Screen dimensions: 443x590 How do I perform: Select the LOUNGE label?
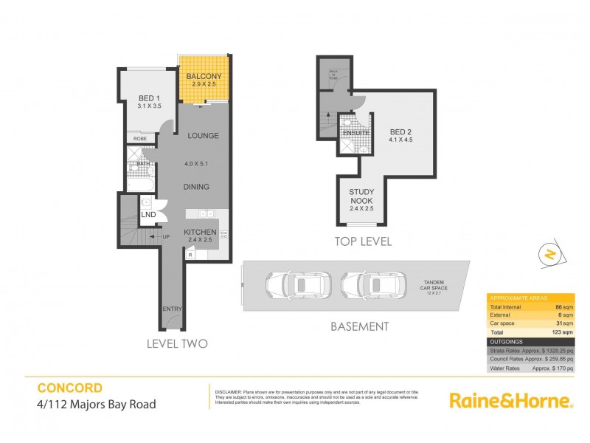point(201,135)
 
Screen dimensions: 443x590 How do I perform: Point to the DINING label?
point(197,187)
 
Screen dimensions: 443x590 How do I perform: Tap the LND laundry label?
point(147,215)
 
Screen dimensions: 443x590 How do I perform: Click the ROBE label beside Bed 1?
point(139,138)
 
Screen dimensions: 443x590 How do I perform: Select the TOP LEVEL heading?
point(363,241)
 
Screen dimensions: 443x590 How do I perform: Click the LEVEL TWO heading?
point(177,343)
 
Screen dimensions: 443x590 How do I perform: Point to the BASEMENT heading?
point(359,326)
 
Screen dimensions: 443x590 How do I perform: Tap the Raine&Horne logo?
point(511,401)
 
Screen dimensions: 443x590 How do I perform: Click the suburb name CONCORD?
point(70,386)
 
